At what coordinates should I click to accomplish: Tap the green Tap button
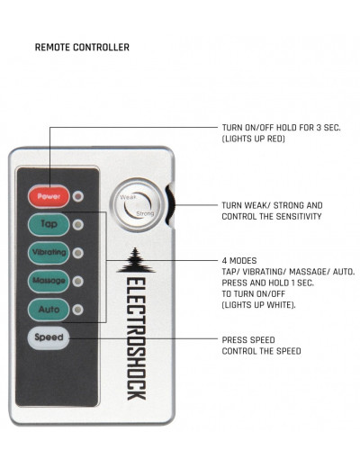(x=49, y=224)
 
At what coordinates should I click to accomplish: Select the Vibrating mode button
(x=49, y=253)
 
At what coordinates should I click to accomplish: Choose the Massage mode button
(x=49, y=281)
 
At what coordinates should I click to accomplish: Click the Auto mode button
(x=49, y=310)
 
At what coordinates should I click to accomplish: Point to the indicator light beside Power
(x=78, y=196)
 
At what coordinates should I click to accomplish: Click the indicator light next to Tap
(x=78, y=225)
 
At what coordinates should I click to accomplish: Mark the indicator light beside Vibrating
(x=78, y=253)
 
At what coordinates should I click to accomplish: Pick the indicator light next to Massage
(x=78, y=282)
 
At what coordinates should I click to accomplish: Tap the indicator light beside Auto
(x=78, y=310)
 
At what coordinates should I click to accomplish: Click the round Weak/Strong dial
(x=138, y=205)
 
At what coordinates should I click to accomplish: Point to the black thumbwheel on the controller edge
(x=171, y=205)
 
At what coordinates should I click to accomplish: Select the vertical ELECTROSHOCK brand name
(x=136, y=338)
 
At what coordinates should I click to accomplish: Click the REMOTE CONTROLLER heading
(x=82, y=47)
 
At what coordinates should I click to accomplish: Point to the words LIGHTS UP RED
(x=254, y=139)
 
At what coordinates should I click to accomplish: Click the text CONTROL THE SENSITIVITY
(x=272, y=216)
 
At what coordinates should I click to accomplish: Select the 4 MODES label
(x=239, y=260)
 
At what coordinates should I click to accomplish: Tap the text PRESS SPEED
(x=248, y=340)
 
